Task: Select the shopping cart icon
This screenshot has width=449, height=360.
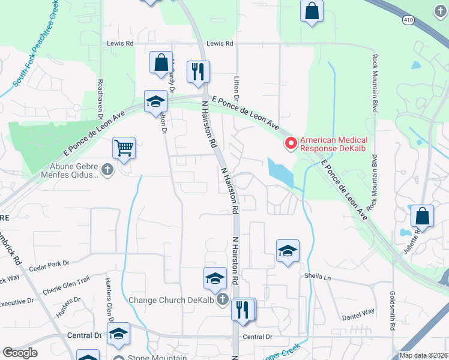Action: pyautogui.click(x=124, y=147)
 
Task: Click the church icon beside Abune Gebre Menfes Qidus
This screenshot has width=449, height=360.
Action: pyautogui.click(x=107, y=170)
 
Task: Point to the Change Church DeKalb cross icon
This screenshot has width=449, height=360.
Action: pyautogui.click(x=223, y=299)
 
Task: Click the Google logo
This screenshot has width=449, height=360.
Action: pyautogui.click(x=20, y=353)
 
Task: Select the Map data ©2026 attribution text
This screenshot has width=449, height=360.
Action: pyautogui.click(x=423, y=355)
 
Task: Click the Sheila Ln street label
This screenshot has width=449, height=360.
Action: pyautogui.click(x=318, y=277)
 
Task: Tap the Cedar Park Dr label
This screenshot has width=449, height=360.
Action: pyautogui.click(x=49, y=263)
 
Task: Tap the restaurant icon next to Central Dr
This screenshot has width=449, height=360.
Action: pyautogui.click(x=243, y=310)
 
